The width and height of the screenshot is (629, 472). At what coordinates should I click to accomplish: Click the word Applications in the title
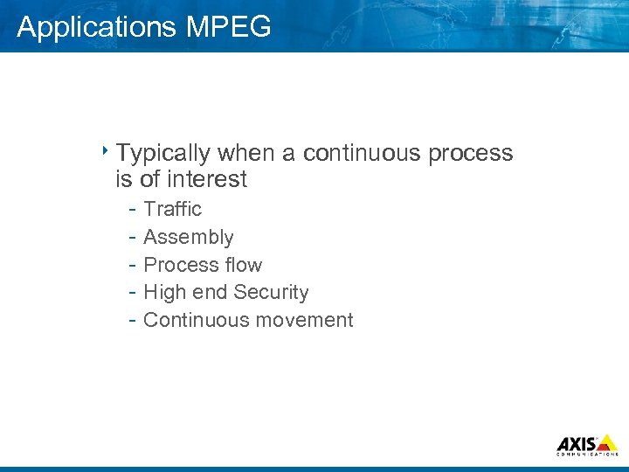[x=97, y=27]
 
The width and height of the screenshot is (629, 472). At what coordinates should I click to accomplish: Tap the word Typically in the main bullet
[x=163, y=154]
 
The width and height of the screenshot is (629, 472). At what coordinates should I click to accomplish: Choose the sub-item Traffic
[x=172, y=209]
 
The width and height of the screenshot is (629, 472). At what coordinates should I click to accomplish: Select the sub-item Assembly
[x=188, y=238]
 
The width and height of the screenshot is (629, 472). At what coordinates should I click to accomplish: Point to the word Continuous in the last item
[x=192, y=320]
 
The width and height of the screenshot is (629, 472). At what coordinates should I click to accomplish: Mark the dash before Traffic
[x=130, y=210]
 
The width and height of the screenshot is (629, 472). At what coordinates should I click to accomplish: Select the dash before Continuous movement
[x=130, y=321]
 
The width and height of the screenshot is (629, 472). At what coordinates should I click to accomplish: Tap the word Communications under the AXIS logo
[x=587, y=455]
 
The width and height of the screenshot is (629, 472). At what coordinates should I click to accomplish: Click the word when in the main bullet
[x=245, y=153]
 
